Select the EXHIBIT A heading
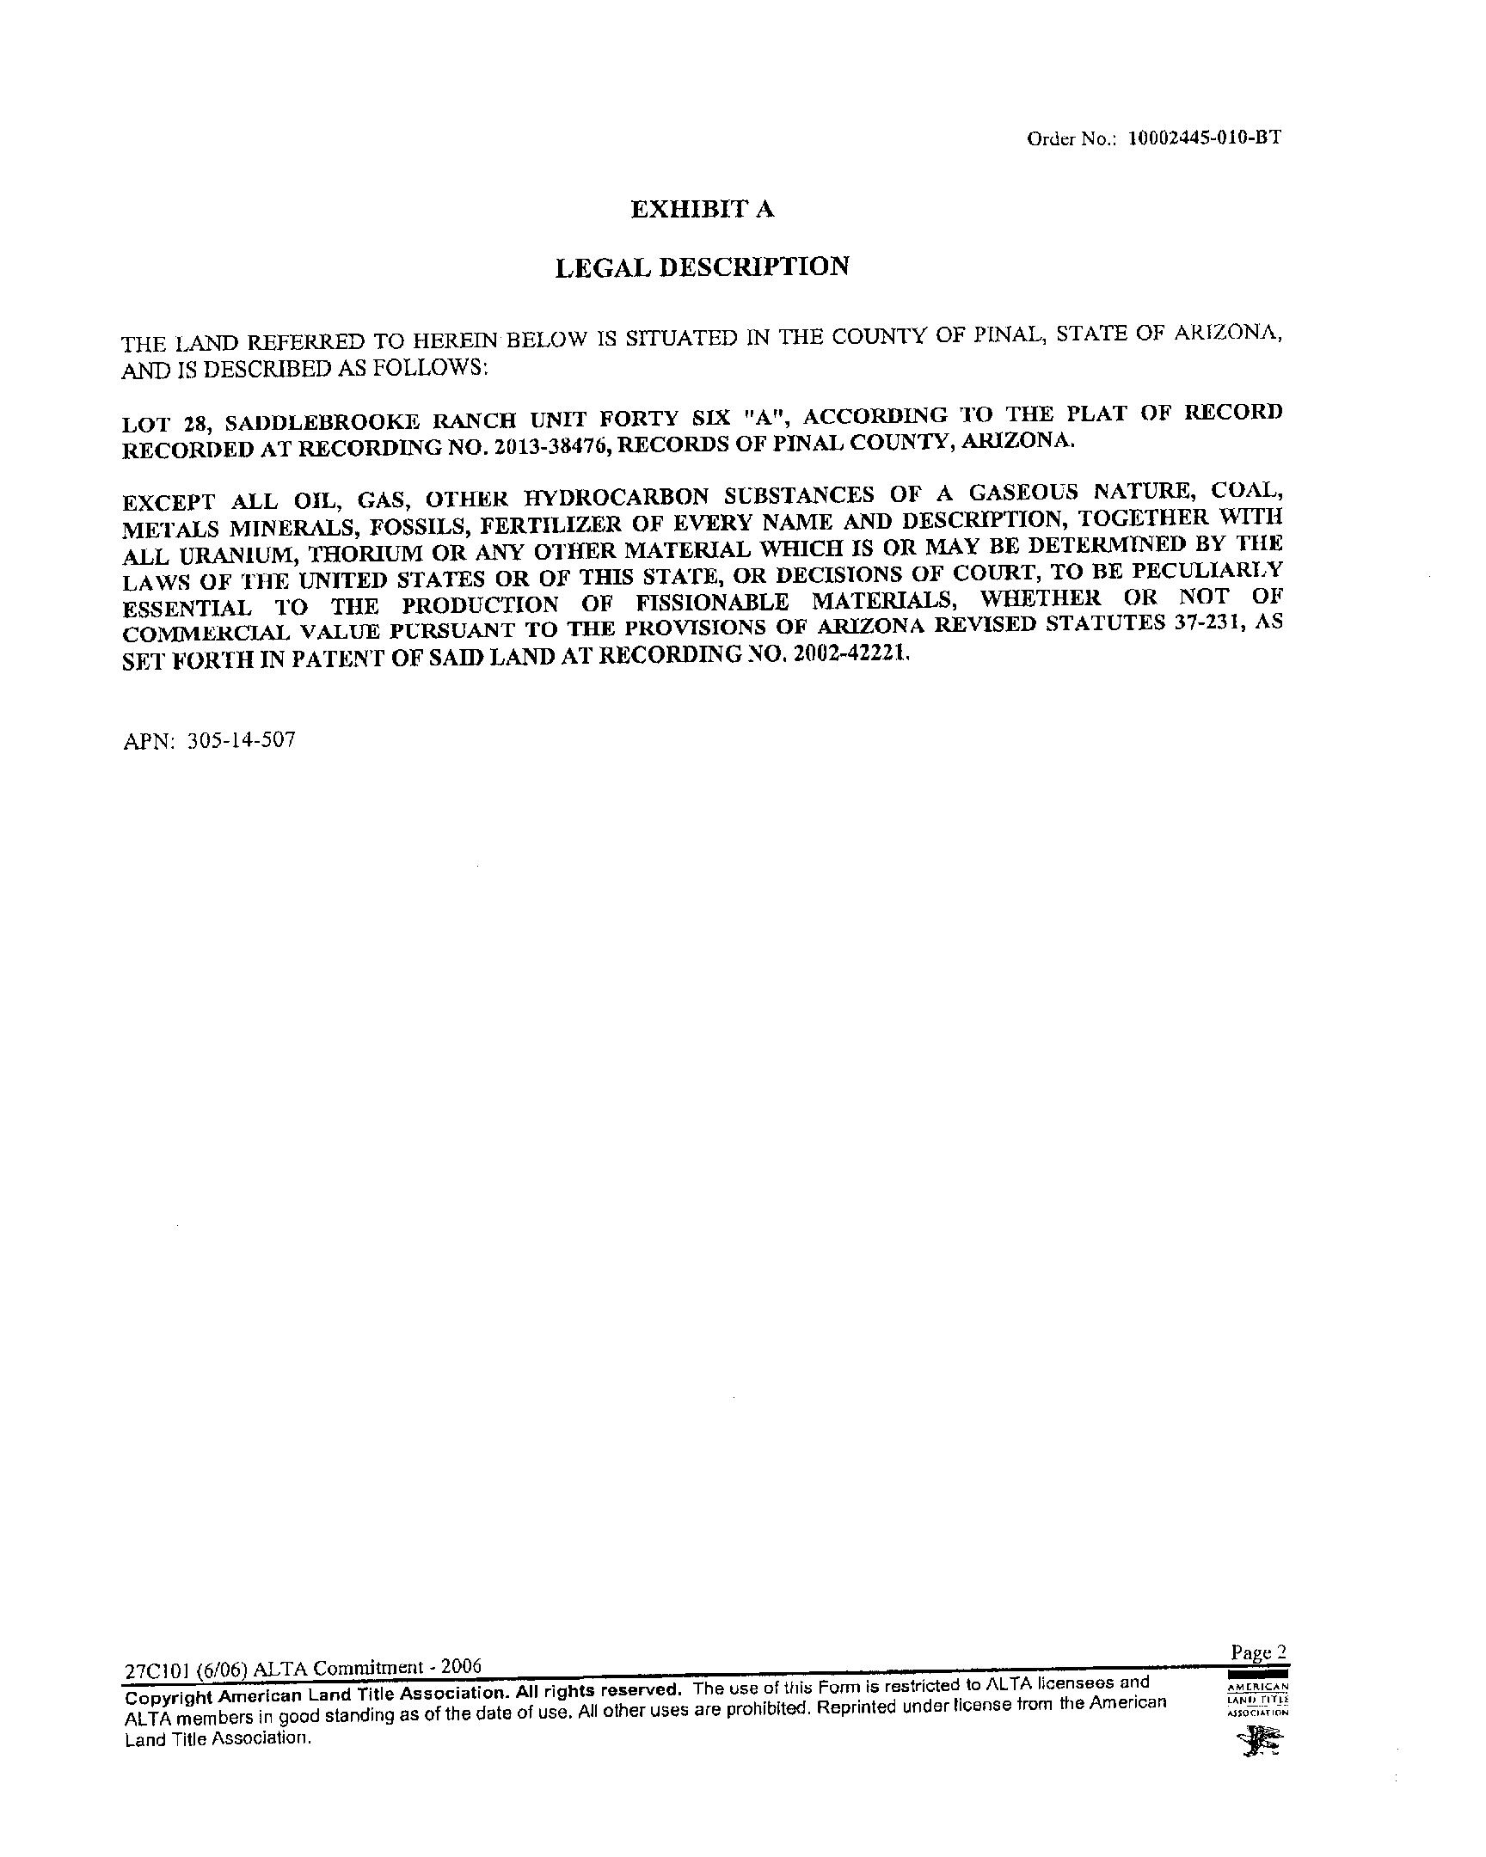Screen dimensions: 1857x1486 [702, 209]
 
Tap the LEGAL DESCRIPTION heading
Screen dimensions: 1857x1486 [702, 267]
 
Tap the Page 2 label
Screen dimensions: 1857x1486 [1259, 1652]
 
